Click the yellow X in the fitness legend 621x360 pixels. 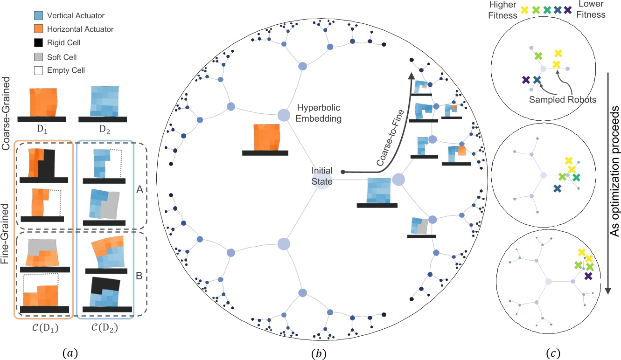tap(525, 10)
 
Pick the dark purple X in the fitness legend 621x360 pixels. tap(567, 10)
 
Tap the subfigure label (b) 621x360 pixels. tap(321, 351)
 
